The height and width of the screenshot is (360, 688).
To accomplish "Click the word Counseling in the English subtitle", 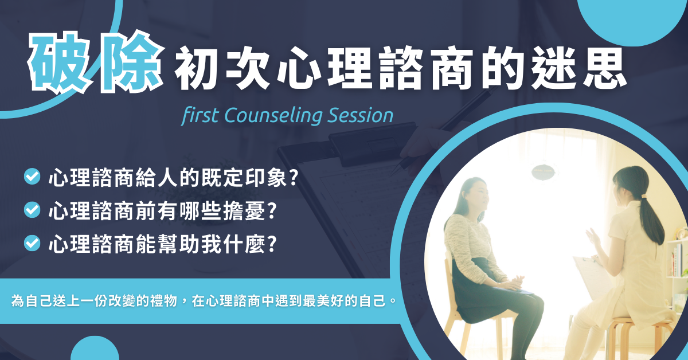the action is tap(273, 116).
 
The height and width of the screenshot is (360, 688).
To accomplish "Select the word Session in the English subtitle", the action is tap(360, 115).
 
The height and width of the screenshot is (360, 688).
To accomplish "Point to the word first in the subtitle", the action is tap(200, 115).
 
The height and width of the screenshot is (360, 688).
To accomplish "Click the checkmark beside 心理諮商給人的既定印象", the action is tap(32, 177).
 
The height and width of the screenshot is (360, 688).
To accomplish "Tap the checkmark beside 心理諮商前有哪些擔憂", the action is tap(32, 210).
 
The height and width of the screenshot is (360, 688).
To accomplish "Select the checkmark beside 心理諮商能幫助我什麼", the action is tap(32, 243).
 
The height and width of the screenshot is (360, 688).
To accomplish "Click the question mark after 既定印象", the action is tap(294, 177).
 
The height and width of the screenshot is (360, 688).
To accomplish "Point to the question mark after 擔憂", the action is tap(272, 211).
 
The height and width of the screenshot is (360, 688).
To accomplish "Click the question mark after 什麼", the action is tap(272, 244).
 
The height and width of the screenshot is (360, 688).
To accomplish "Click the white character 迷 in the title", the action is tap(554, 68).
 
